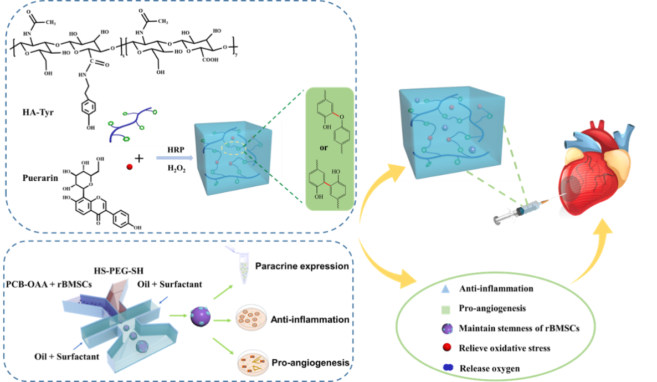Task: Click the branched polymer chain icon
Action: point(133,125)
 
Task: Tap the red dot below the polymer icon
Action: point(130,167)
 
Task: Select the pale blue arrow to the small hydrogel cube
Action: point(174,159)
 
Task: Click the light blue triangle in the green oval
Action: point(445,289)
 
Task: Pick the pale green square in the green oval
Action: point(446,309)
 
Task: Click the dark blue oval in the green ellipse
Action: point(448,367)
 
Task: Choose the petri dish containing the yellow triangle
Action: point(253,364)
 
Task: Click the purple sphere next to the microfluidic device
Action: point(199,317)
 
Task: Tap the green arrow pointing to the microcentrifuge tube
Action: point(223,291)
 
